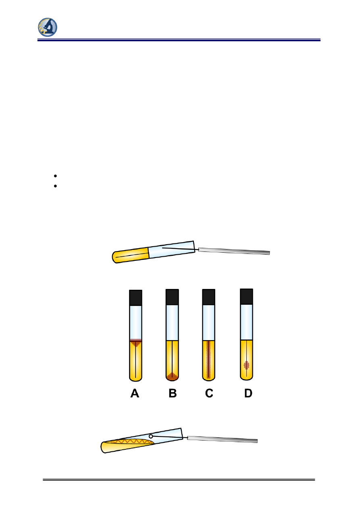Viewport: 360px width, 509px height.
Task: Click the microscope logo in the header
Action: point(48,27)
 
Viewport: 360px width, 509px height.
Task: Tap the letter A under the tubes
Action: point(135,393)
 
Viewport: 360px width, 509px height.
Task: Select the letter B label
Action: point(173,393)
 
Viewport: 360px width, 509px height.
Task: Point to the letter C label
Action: point(209,393)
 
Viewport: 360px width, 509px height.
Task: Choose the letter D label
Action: point(248,393)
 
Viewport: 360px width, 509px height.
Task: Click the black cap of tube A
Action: point(136,298)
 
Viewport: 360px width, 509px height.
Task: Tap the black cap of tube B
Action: point(172,297)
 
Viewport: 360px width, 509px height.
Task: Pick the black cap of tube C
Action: point(208,297)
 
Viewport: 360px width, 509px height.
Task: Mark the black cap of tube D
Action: point(246,296)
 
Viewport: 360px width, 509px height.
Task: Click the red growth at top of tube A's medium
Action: point(136,343)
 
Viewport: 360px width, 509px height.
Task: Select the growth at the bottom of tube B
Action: point(172,376)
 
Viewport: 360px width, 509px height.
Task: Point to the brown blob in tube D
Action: point(247,365)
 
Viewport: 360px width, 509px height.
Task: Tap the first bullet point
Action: point(54,176)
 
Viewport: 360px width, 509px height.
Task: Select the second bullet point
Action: point(54,186)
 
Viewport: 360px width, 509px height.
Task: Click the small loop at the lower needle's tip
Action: point(151,436)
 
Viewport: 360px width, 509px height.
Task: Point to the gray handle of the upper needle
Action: point(234,251)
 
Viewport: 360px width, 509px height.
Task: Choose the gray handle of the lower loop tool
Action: point(222,439)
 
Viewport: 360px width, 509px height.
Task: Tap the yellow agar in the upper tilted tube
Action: point(131,255)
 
